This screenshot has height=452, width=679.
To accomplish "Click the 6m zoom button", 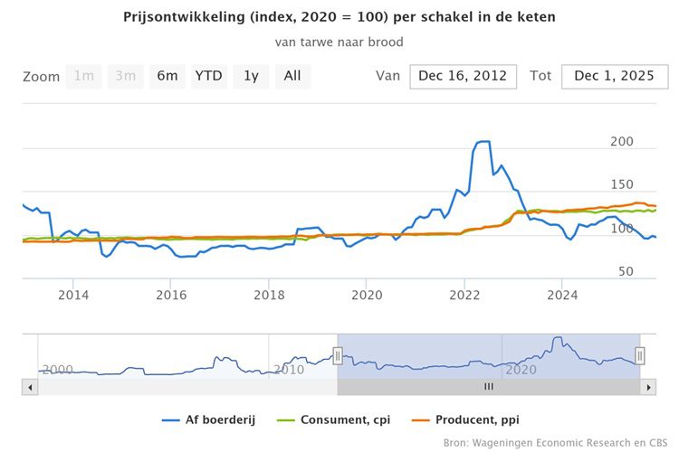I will click(x=167, y=76).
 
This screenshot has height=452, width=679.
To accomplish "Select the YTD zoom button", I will click(x=209, y=76).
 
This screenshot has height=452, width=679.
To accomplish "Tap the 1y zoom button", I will click(x=251, y=76).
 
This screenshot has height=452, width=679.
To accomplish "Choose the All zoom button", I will click(x=292, y=76).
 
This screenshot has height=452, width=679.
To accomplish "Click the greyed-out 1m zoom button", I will click(x=84, y=76).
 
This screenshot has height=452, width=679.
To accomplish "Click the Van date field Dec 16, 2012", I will click(x=464, y=76).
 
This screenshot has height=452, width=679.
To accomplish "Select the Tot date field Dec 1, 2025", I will click(x=615, y=76).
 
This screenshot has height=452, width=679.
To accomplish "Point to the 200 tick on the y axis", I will click(x=622, y=142).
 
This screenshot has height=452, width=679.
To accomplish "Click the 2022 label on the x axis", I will click(x=464, y=294).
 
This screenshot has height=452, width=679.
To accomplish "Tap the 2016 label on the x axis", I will click(x=171, y=294).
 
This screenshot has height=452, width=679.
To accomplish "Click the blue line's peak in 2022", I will click(x=483, y=141).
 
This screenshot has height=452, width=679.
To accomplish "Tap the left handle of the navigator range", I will click(x=338, y=356).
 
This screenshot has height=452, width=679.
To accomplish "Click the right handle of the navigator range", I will click(x=639, y=356).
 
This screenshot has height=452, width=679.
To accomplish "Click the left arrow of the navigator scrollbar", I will click(x=30, y=387).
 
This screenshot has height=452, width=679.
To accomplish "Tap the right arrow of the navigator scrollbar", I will click(x=647, y=387).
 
